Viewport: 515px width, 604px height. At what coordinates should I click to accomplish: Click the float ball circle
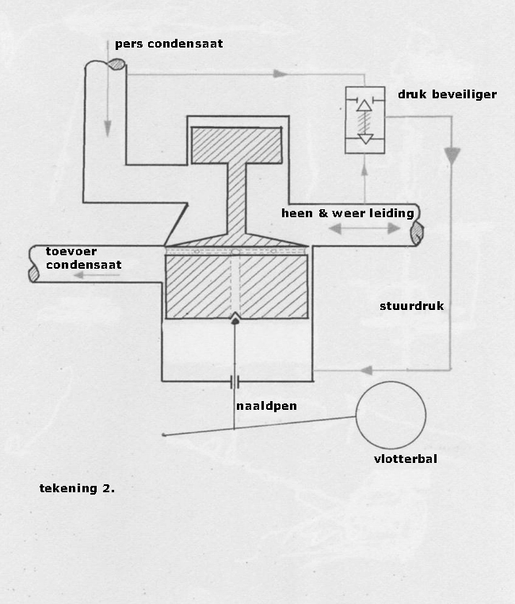point(356,415)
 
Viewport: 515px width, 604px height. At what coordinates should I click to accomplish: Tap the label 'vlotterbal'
point(406,459)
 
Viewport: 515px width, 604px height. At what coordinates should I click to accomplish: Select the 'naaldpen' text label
point(266,407)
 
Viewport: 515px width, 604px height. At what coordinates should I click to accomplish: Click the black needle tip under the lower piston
point(235,319)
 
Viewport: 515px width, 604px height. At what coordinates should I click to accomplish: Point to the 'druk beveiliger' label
point(447,94)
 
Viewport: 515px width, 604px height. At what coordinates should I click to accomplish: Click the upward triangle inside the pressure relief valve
point(364,105)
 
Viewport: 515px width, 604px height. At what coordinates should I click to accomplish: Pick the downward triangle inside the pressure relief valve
point(365,139)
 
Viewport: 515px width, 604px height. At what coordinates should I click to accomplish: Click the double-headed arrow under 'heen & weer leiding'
point(365,229)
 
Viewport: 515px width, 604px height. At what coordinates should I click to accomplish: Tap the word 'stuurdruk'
point(411,306)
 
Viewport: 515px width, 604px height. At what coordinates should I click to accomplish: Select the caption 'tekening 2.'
point(77,488)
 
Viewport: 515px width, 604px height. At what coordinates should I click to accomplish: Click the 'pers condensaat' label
point(169,44)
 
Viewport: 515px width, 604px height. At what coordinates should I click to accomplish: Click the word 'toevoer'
point(71,251)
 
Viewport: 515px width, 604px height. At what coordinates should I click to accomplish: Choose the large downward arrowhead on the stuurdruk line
point(452,155)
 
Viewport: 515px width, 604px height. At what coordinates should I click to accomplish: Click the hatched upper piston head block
point(237,146)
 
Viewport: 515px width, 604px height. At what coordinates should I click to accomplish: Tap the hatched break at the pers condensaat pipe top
point(116,64)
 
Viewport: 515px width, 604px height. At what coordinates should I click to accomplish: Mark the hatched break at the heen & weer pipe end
point(417,233)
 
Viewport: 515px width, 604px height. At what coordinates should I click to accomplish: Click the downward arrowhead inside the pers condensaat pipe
point(108,128)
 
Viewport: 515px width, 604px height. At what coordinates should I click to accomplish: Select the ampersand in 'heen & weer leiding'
point(322,213)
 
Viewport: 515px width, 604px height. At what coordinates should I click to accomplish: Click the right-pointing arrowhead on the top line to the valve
point(280,74)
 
